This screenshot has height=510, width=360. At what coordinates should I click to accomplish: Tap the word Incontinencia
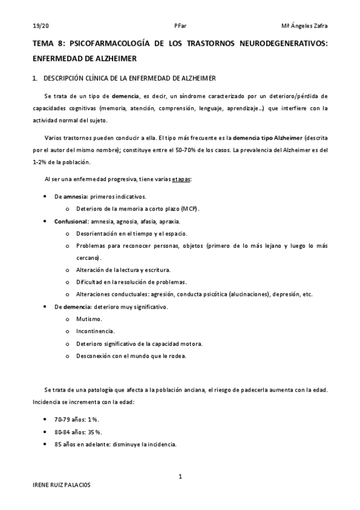[96, 331]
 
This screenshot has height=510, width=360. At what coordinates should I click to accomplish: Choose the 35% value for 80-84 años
[94, 432]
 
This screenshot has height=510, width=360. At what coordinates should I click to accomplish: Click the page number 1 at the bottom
[180, 477]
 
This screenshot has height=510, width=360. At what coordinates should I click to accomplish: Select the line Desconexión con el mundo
[131, 356]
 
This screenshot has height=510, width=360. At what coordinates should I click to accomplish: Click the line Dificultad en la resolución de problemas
[131, 282]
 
